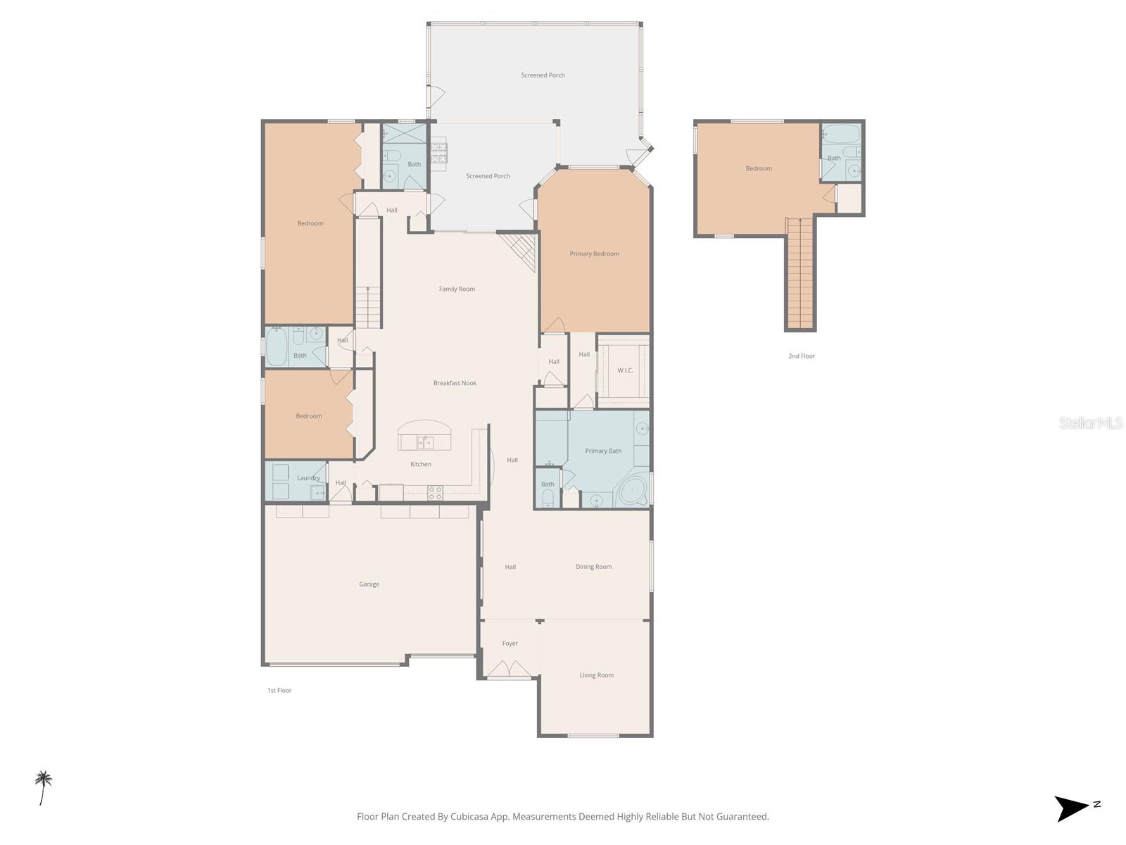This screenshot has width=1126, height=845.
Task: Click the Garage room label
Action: click(x=369, y=584)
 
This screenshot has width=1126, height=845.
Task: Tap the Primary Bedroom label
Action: click(x=594, y=254)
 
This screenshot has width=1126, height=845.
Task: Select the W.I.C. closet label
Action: click(x=625, y=370)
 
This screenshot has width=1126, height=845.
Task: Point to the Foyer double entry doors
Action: click(x=510, y=670)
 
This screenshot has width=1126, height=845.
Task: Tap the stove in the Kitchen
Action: click(x=435, y=493)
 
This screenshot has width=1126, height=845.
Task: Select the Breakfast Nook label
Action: click(x=455, y=383)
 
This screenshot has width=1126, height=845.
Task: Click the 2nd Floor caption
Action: click(x=801, y=356)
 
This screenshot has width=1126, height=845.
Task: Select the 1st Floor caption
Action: click(x=279, y=690)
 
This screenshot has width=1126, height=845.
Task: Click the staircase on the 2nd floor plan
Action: click(x=800, y=275)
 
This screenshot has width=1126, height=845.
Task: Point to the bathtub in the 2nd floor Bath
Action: click(x=840, y=134)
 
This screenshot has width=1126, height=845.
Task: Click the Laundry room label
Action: click(x=308, y=478)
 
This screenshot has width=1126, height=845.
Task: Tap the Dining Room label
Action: click(x=593, y=567)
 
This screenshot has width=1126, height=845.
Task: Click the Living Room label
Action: click(x=596, y=675)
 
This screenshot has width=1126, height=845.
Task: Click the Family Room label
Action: click(x=457, y=289)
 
